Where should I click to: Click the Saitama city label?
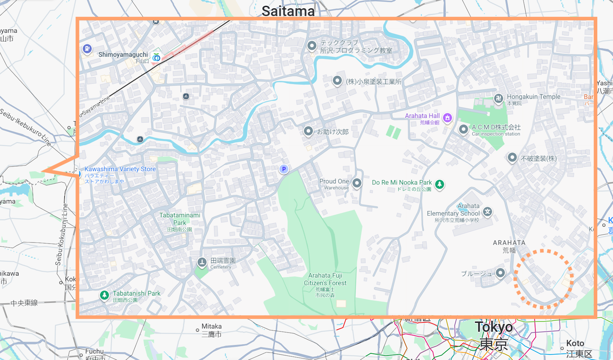[x=288, y=11]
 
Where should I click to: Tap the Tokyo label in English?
[x=493, y=327]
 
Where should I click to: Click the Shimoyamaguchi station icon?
[x=156, y=58]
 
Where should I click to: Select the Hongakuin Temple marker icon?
[x=498, y=99]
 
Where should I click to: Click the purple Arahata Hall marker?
[x=447, y=118]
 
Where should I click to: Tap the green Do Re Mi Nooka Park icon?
[x=439, y=184]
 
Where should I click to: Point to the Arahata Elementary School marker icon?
[x=487, y=212]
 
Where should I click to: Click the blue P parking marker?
[x=284, y=169]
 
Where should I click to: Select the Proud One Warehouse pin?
[x=357, y=183]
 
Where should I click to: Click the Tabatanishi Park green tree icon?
[x=104, y=295]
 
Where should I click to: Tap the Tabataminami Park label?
[x=180, y=219]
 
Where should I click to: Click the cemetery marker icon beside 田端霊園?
[x=202, y=262]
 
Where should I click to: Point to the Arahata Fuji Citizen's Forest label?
[x=325, y=279]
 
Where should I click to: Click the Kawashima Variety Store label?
[x=120, y=169]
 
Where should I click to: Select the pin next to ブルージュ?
[x=500, y=273]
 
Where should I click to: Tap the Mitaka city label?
[x=211, y=326]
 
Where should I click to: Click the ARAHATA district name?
[x=509, y=243]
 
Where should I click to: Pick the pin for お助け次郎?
[x=308, y=131]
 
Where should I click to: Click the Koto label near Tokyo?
[x=575, y=343]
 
